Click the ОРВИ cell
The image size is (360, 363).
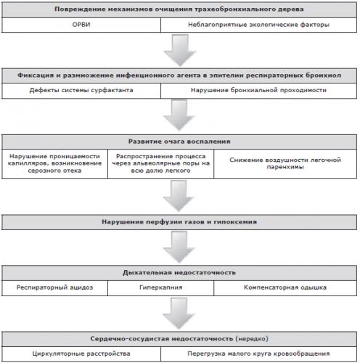tap(81, 25)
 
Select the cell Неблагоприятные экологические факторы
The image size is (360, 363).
tap(258, 25)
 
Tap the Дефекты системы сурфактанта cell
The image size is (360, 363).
tap(81, 91)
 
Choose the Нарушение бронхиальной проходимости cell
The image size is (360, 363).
tap(258, 91)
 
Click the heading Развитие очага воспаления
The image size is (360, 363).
tap(179, 142)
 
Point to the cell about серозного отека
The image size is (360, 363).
tap(54, 163)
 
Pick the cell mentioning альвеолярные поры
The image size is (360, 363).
tap(161, 163)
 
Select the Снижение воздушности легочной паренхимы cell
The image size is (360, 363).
tap(285, 163)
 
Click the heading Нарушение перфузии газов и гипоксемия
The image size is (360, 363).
tap(179, 222)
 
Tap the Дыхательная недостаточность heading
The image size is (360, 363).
tap(179, 273)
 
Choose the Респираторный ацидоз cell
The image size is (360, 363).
tap(54, 287)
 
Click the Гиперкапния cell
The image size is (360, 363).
tap(161, 287)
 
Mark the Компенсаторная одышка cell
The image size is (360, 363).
tap(285, 287)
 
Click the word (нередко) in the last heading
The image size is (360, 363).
tap(252, 339)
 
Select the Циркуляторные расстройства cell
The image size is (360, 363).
tap(81, 354)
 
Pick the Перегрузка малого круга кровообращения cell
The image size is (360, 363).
tap(258, 354)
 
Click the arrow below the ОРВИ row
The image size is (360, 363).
tap(180, 50)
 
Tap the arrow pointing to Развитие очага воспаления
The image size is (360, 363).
tap(179, 115)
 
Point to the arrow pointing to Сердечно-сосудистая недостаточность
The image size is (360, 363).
tap(179, 314)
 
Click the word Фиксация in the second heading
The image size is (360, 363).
tap(36, 76)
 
